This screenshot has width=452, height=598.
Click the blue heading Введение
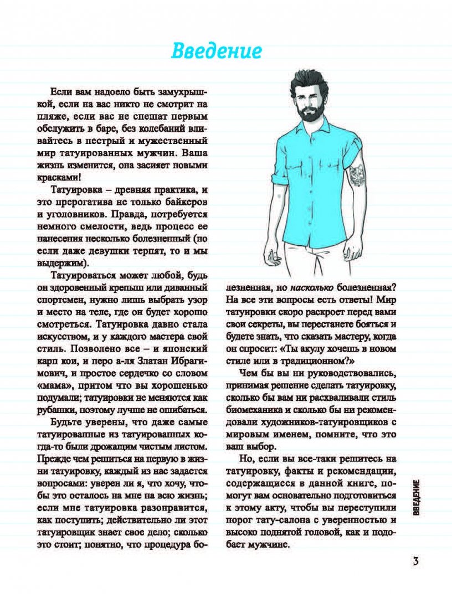point(215,50)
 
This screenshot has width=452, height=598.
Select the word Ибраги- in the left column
point(185,362)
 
